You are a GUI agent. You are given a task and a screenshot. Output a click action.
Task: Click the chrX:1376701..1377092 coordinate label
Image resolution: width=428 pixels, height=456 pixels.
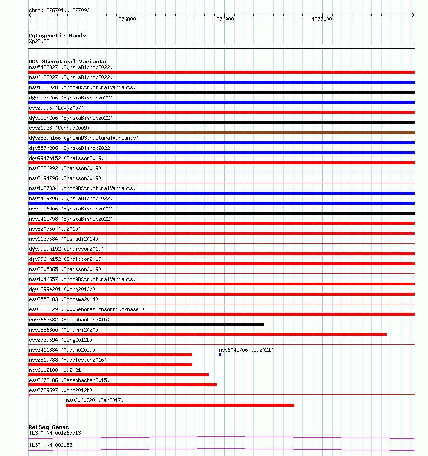point(59,10)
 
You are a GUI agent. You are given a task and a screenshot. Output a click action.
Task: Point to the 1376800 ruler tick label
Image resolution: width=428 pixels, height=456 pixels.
point(126,20)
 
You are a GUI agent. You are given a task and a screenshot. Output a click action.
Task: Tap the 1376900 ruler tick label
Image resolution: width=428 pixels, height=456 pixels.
point(224,20)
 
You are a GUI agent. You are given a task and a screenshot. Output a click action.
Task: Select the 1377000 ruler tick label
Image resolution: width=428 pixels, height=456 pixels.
point(322,20)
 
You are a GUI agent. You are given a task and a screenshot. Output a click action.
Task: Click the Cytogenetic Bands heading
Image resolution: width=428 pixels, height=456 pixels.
point(57,36)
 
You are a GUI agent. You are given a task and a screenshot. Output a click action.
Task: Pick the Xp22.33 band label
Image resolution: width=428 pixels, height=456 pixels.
point(39,42)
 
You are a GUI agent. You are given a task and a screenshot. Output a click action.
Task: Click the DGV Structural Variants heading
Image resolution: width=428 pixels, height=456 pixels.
point(67,62)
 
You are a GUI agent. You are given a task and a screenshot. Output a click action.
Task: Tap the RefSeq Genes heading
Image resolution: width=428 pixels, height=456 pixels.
point(49,427)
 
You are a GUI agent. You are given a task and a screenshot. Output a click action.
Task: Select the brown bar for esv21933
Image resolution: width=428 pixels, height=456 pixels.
point(221,133)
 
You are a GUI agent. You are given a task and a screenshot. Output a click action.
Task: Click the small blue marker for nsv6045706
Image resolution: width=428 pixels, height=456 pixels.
point(220,355)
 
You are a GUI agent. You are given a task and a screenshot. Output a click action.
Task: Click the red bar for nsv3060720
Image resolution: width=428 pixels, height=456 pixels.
point(180,405)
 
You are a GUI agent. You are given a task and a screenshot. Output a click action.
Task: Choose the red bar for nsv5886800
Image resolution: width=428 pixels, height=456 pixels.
point(207,334)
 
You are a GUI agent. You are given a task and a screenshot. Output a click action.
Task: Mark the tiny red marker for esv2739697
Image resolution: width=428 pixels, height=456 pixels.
point(29,395)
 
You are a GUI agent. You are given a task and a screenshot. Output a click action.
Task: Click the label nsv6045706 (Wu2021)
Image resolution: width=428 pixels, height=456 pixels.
point(246,350)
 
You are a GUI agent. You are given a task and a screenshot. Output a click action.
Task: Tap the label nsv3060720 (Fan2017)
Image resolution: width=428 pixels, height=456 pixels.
point(95,400)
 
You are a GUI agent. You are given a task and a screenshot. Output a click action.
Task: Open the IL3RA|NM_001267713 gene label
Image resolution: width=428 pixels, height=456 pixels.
point(55,433)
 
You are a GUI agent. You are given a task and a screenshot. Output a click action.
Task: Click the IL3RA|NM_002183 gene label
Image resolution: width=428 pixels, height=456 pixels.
point(50,445)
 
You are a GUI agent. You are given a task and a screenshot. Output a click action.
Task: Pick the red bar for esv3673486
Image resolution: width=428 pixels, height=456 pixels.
point(123,385)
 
